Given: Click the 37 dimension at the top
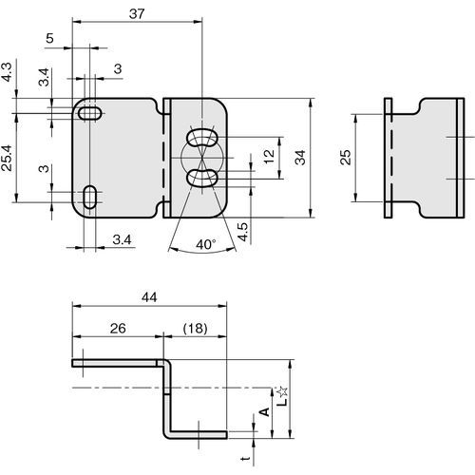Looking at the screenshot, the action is pyautogui.click(x=137, y=13).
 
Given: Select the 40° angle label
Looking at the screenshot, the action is pyautogui.click(x=206, y=244).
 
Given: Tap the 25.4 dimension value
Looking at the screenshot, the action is pyautogui.click(x=7, y=158).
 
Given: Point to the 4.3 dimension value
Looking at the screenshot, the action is pyautogui.click(x=7, y=72).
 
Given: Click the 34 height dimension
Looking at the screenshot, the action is pyautogui.click(x=300, y=158).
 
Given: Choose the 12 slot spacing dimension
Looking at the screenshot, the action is pyautogui.click(x=269, y=157).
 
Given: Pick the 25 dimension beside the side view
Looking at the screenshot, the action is pyautogui.click(x=346, y=157).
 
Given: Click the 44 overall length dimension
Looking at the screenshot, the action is pyautogui.click(x=149, y=297).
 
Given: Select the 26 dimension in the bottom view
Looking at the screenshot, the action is pyautogui.click(x=118, y=329).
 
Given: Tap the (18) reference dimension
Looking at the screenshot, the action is pyautogui.click(x=196, y=329).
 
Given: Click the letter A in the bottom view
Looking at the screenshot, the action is pyautogui.click(x=264, y=411).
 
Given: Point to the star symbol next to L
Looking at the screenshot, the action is pyautogui.click(x=282, y=391).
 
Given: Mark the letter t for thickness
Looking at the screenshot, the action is pyautogui.click(x=246, y=458).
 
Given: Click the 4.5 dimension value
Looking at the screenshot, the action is pyautogui.click(x=244, y=232).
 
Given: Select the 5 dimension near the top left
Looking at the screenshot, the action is pyautogui.click(x=49, y=38).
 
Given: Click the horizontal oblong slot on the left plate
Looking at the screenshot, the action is pyautogui.click(x=90, y=113).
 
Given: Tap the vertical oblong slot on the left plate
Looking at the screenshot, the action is pyautogui.click(x=90, y=197).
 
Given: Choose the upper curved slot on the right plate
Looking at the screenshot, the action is pyautogui.click(x=202, y=137).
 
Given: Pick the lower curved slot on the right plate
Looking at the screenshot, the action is pyautogui.click(x=202, y=178).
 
